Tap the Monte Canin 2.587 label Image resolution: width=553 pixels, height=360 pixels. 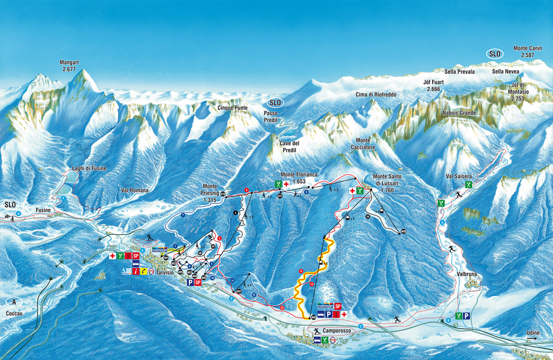(x=527, y=51)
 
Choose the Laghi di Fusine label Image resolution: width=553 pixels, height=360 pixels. (x=89, y=169)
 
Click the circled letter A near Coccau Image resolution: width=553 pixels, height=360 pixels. (x=14, y=302)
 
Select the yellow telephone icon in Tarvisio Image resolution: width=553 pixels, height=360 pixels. (x=144, y=272)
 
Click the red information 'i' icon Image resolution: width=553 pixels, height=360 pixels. (x=135, y=272)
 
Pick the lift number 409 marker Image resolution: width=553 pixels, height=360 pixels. (x=403, y=231)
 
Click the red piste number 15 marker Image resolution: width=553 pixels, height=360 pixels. (x=301, y=271)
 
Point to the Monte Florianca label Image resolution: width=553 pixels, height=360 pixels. (x=299, y=175)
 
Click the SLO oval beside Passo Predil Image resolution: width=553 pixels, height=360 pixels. (x=277, y=102)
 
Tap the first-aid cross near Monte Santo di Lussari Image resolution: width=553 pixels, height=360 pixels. (x=352, y=190)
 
